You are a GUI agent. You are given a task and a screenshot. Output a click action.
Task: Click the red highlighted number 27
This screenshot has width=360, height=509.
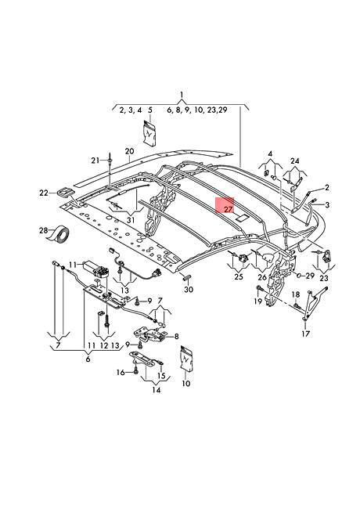(229, 209)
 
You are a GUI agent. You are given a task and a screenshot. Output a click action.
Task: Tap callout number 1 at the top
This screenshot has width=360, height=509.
(182, 95)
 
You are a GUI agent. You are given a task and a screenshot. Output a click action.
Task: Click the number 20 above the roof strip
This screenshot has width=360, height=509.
(129, 151)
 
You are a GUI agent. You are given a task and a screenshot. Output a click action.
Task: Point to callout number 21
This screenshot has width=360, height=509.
(95, 160)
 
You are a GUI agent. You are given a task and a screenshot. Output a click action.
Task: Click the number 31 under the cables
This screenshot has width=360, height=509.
(131, 220)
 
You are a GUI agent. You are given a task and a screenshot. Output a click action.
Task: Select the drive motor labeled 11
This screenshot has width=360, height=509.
(96, 269)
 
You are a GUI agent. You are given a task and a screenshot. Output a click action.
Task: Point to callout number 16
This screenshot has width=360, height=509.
(121, 372)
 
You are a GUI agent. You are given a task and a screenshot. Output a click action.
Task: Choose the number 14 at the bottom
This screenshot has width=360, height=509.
(157, 389)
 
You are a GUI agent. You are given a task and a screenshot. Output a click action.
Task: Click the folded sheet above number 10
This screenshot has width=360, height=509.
(185, 359)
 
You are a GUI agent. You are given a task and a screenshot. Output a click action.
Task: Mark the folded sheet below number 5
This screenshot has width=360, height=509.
(149, 133)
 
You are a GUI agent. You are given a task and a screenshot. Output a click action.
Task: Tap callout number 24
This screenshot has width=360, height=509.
(295, 161)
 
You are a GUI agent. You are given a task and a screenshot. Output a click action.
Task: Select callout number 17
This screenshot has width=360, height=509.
(306, 334)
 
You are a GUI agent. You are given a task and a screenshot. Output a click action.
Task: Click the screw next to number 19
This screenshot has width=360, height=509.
(259, 288)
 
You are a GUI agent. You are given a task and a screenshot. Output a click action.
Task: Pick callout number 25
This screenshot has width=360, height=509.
(239, 276)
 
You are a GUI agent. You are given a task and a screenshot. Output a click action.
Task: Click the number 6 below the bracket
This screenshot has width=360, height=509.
(88, 359)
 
